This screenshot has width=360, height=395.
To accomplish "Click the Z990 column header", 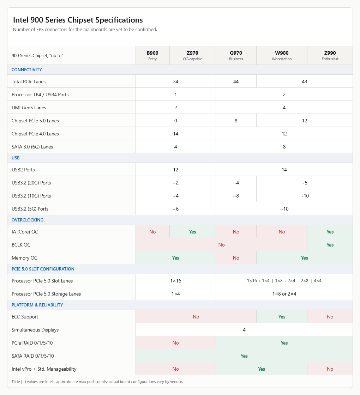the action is coord(330,55).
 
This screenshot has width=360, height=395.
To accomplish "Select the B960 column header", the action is coord(152,55).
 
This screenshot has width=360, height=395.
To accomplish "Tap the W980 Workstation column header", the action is coord(282,55).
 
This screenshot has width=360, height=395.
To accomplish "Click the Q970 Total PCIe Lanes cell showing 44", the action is coord(236,81).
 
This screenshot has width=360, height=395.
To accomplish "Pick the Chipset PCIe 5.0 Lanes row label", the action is coord(35,121).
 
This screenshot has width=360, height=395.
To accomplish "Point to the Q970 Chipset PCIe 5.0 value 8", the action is coord(236,121).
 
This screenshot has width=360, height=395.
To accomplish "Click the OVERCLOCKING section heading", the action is coord(28,220).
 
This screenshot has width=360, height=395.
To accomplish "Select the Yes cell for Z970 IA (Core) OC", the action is coord(193,232).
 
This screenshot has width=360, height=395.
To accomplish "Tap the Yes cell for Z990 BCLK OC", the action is coord(330,245).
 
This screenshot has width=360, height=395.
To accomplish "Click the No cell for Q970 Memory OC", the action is coord(236,258).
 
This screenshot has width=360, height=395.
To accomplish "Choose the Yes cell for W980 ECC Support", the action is coord(282,317).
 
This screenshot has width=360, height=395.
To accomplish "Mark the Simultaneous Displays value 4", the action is coord(244,330).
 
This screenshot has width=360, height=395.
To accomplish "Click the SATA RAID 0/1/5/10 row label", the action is coord(33,356).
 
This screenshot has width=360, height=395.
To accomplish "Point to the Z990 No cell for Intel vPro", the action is coord(330,369).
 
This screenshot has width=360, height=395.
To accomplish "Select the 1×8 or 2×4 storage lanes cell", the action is coord(284,294).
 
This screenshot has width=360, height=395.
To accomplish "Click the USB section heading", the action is coord(16,158).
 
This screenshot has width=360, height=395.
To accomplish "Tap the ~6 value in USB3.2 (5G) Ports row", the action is coord(176,209).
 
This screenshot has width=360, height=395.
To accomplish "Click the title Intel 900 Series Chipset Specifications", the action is coord(78,20).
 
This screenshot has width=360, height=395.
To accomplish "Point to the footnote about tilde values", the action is coord(97,382).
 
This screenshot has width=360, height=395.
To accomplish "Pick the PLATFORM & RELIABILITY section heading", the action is coord(37,305).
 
